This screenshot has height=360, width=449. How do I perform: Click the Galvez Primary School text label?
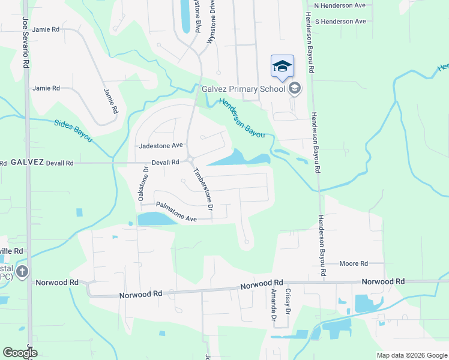[243, 89]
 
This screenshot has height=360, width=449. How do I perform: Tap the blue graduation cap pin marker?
[282, 67]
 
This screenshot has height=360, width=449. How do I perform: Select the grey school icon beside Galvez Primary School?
[294, 89]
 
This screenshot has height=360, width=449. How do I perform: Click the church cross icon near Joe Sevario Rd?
[22, 271]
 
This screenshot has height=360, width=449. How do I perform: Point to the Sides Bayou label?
[73, 130]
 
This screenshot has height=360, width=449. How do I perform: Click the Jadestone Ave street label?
[160, 146]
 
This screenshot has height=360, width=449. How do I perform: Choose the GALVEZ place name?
[28, 162]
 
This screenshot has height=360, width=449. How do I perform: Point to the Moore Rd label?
[353, 263]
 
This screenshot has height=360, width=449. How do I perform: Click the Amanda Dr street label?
[273, 305]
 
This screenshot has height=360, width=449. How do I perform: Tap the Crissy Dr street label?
[288, 302]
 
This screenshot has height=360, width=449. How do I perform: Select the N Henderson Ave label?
[340, 5]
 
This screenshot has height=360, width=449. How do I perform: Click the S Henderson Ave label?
[340, 21]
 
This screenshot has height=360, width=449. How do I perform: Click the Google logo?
[20, 353]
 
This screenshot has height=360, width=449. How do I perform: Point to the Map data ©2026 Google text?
[411, 355]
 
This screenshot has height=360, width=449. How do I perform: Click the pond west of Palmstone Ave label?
[156, 219]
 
